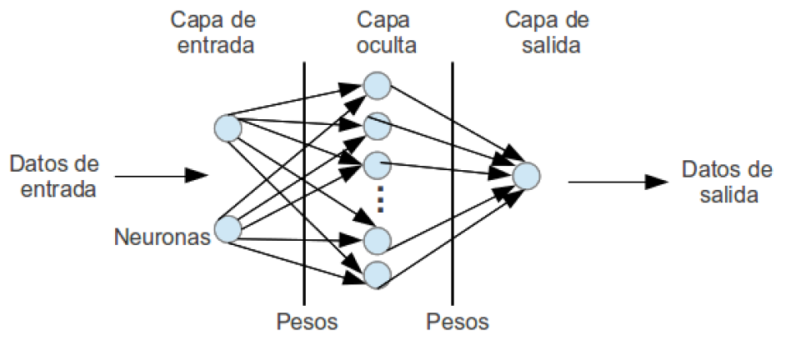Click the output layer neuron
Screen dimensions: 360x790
click(x=525, y=175)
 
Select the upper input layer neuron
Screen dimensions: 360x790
click(x=228, y=128)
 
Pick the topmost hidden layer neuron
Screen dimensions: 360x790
click(x=377, y=85)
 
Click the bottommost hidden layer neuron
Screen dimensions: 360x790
click(x=377, y=275)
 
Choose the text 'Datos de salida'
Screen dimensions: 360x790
click(x=727, y=182)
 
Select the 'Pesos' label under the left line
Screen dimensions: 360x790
click(x=306, y=321)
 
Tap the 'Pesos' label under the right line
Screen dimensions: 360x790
click(x=458, y=321)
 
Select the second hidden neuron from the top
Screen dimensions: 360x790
click(x=377, y=125)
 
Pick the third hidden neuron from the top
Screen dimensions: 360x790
click(x=377, y=164)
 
